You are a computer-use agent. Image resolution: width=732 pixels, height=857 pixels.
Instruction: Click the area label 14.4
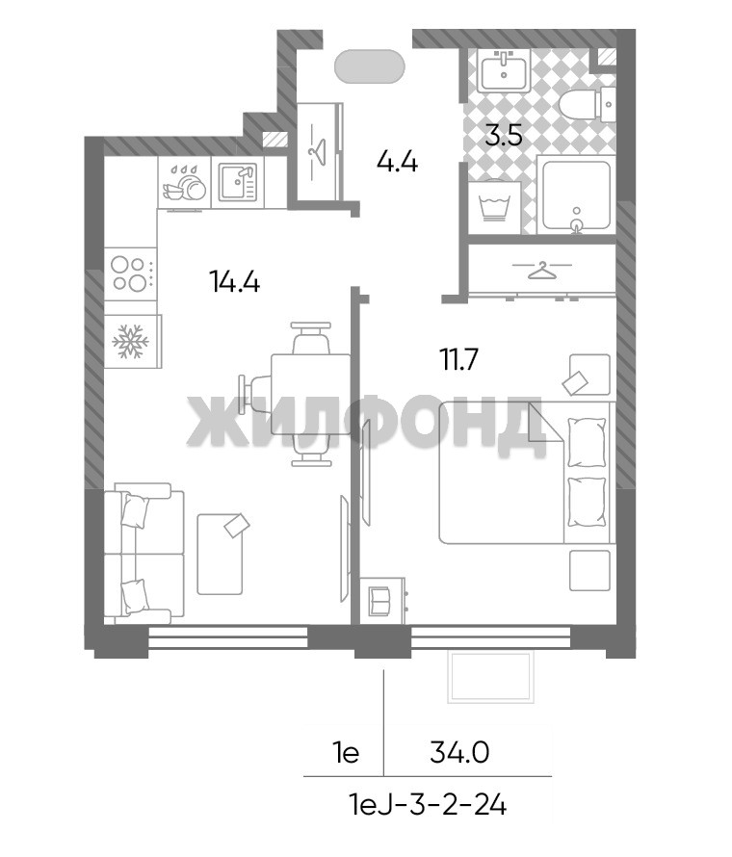(234, 282)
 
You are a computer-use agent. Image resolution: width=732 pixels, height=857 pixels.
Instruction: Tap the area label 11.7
(459, 359)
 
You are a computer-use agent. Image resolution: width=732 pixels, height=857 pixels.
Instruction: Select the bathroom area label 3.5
(504, 135)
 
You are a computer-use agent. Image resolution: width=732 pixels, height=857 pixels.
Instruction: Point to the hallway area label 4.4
(398, 162)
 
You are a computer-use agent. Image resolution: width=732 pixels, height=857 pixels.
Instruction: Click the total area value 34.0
(459, 754)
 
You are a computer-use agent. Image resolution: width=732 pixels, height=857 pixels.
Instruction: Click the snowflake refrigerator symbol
(130, 342)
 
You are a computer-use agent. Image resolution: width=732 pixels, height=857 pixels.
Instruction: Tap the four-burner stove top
(130, 273)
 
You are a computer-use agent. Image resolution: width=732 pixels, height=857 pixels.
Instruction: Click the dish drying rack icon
(184, 183)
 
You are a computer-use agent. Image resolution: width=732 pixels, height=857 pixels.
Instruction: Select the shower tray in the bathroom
(576, 195)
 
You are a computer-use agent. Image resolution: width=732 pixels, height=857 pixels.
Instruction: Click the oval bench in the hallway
(370, 66)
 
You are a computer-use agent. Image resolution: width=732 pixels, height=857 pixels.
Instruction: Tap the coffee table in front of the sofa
(220, 555)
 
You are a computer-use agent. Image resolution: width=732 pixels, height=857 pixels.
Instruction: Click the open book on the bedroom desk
(379, 601)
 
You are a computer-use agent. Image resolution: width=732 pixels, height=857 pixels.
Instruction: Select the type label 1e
(346, 754)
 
